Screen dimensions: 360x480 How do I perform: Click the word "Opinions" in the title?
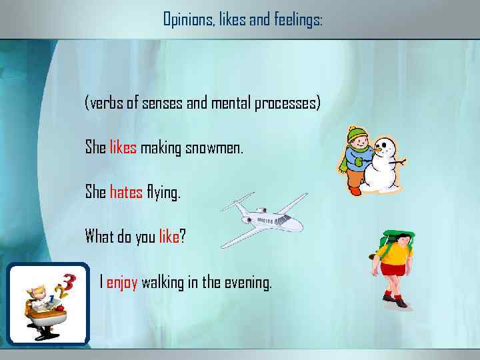[x=187, y=20]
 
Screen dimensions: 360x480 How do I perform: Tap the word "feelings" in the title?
[x=297, y=20]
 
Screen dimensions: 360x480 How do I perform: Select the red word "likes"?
[x=123, y=147]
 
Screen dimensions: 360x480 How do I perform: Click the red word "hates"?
[x=126, y=193]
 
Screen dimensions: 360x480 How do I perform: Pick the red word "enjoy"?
[x=122, y=282]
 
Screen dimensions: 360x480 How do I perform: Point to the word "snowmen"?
[x=217, y=147]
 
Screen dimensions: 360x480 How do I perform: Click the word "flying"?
[x=163, y=193]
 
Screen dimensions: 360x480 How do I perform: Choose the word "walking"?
[x=162, y=282]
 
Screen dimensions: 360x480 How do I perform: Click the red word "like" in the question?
[x=169, y=237]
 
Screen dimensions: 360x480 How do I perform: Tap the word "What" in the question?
[x=99, y=237]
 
